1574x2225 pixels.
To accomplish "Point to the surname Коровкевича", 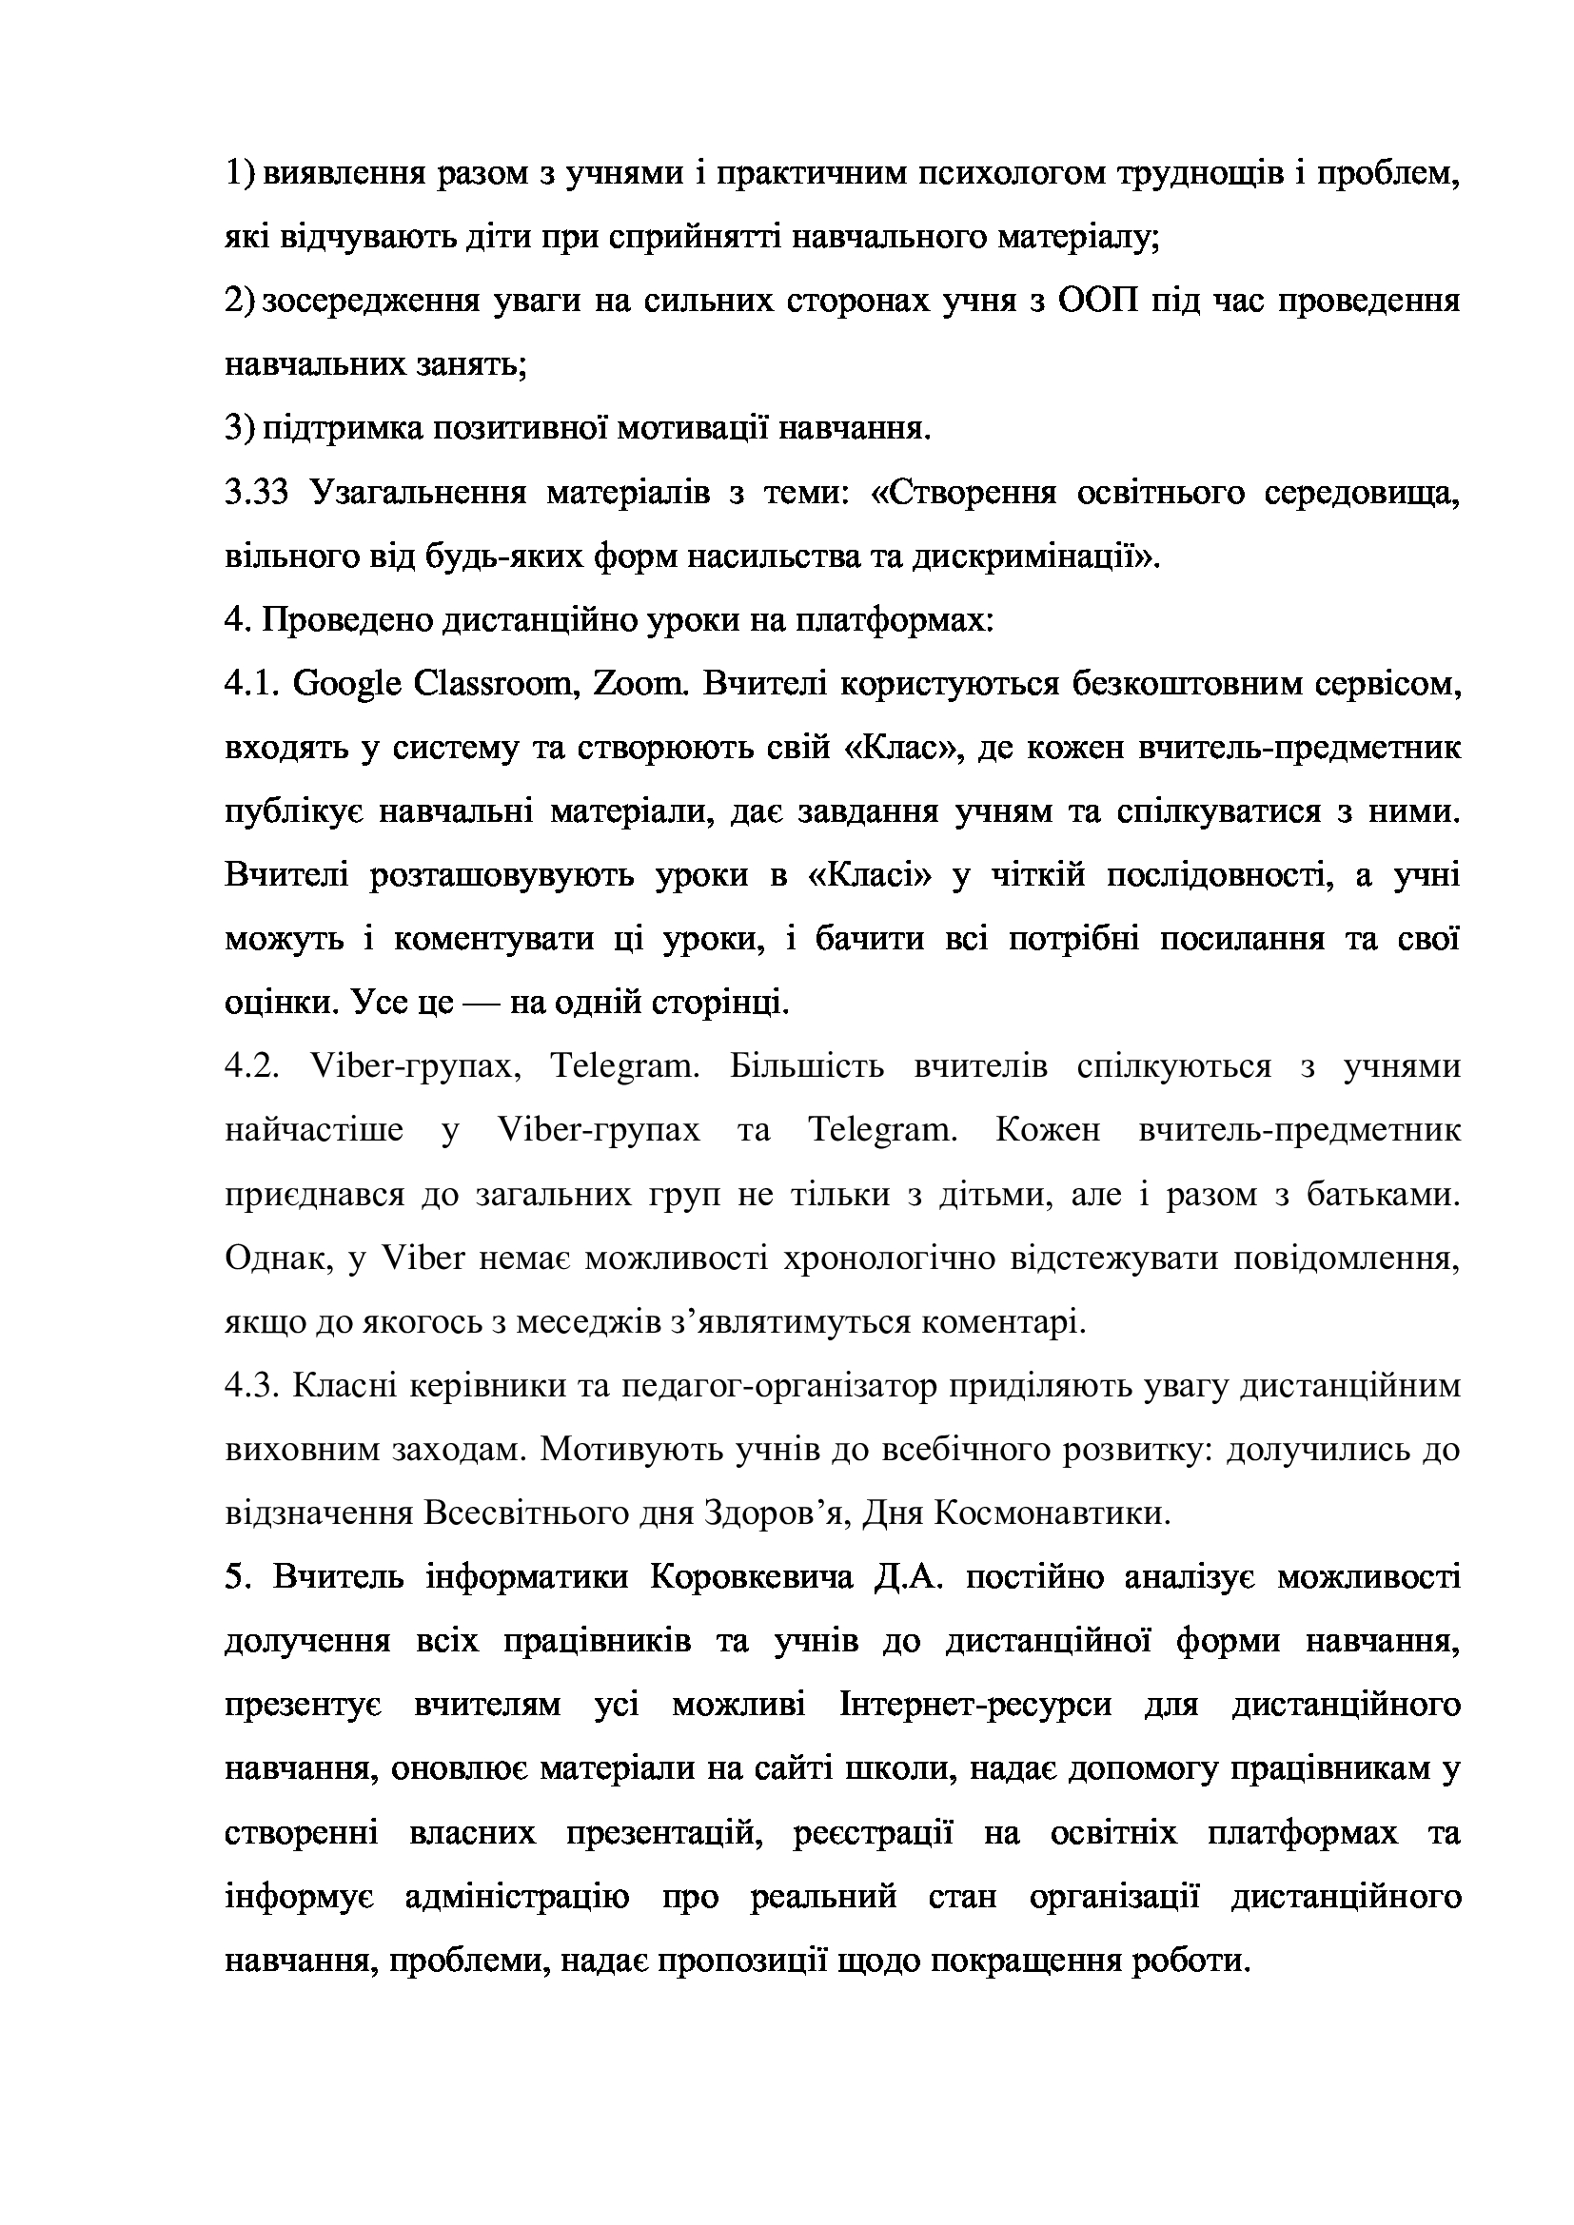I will pos(751,1577).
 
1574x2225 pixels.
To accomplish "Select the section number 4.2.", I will pos(253,1067).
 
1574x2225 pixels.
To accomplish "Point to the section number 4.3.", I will pos(253,1387).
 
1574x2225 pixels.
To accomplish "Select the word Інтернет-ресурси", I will pos(976,1706).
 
